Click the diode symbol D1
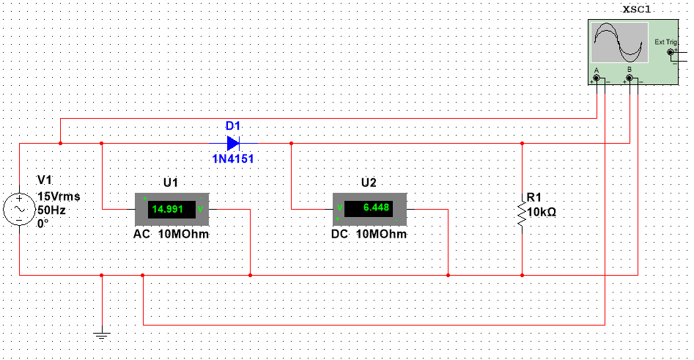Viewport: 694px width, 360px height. (x=233, y=143)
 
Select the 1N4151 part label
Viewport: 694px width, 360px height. (x=233, y=158)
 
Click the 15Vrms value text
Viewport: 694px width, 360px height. (x=58, y=196)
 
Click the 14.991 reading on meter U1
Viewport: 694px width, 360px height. (x=168, y=209)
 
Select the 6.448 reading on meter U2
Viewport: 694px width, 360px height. (x=366, y=209)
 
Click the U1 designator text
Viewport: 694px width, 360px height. (x=170, y=183)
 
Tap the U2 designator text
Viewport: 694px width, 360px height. (x=368, y=183)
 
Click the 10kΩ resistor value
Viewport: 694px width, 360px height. (x=542, y=213)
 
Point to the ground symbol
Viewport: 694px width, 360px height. (x=102, y=336)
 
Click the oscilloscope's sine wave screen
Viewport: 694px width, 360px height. (x=620, y=42)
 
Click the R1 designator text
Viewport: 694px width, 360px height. (x=534, y=198)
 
